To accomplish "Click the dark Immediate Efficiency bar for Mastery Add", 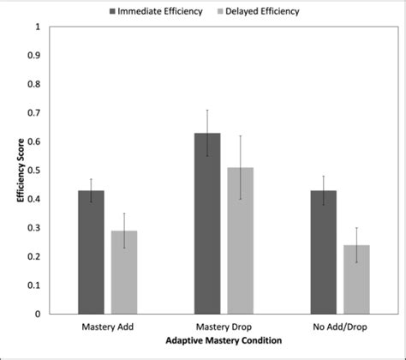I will click(x=91, y=252).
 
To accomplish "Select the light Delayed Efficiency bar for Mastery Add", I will click(x=124, y=272).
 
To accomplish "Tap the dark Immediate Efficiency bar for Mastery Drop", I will click(x=207, y=223).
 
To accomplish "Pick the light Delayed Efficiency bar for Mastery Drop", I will click(x=241, y=240).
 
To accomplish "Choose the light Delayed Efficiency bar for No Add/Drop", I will click(x=356, y=279).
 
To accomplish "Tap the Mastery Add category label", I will click(x=108, y=327).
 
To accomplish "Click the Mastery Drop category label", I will click(x=224, y=327).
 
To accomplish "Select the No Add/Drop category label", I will click(x=339, y=327).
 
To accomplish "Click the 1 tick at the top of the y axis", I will click(x=37, y=27).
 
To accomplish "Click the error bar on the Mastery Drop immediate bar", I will click(x=207, y=133).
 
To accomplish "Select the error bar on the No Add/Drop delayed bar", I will click(x=356, y=245).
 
